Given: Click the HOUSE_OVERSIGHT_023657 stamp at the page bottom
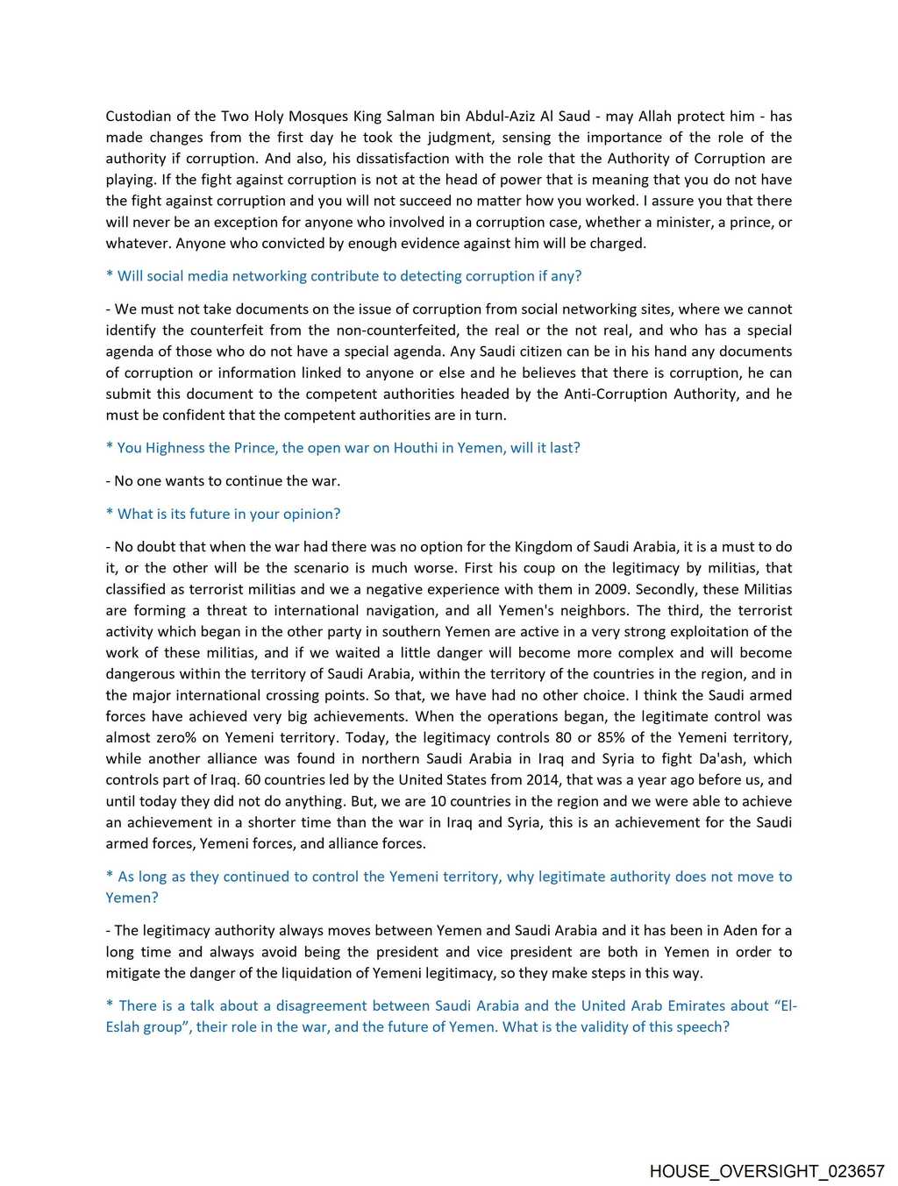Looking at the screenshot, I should (766, 1171).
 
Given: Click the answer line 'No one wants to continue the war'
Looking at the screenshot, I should (223, 480).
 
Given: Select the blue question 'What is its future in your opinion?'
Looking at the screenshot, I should (223, 514).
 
